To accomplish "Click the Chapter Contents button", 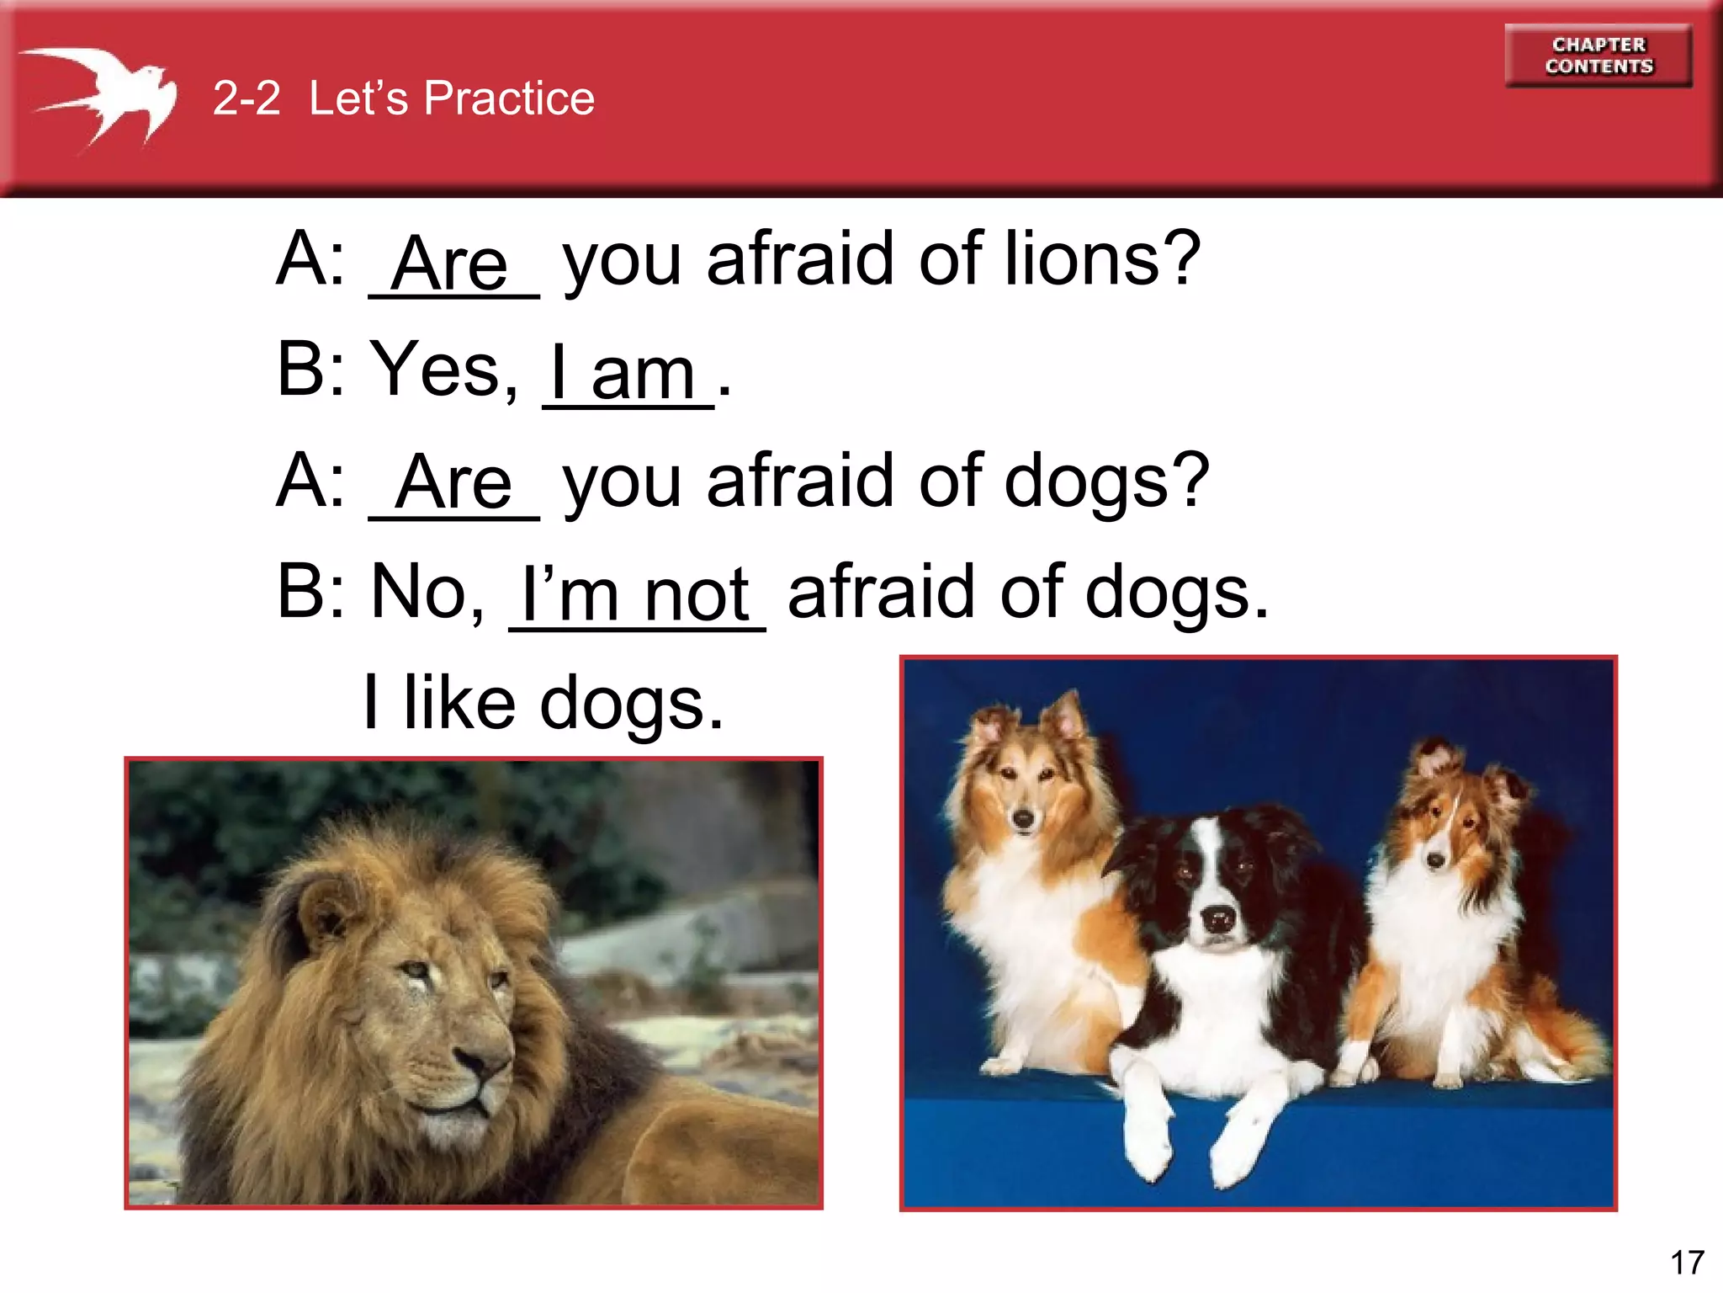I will pos(1598,56).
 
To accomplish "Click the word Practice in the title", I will pos(509,98).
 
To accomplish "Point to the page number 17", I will pos(1687,1263).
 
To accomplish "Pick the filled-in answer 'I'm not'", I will pos(636,594).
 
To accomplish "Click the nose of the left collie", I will pos(1023,817).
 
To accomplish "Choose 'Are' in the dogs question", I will pos(454,483).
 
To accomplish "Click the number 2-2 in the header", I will pos(247,98).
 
